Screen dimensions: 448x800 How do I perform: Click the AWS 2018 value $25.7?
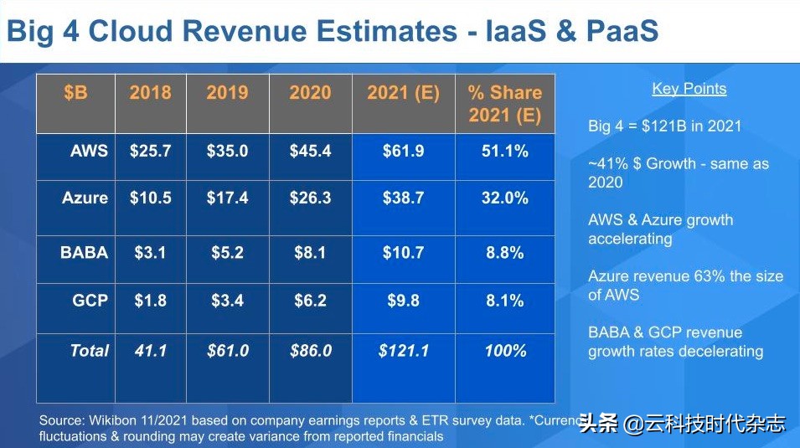coord(150,152)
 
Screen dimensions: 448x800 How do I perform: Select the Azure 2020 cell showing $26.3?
coord(310,198)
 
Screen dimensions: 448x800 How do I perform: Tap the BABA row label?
coord(84,252)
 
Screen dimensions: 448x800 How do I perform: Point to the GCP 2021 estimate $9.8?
coord(403,300)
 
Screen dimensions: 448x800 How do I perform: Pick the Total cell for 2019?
coord(228,351)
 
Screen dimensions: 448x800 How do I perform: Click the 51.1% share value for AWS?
coord(505,152)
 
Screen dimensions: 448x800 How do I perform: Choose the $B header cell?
coord(75,93)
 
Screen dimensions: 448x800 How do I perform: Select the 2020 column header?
coord(310,93)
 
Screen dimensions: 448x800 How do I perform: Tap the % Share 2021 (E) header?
coord(505,104)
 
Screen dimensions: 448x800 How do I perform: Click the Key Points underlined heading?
coord(689,89)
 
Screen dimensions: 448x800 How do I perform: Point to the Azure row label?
coord(85,198)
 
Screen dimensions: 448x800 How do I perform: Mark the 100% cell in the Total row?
coord(505,351)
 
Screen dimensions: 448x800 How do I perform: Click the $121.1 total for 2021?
coord(403,351)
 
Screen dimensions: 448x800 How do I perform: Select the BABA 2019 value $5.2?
coord(228,252)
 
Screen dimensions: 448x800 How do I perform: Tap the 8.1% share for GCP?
coord(505,300)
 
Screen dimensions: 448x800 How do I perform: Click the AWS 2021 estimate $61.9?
coord(403,152)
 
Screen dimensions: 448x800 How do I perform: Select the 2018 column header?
coord(150,93)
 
